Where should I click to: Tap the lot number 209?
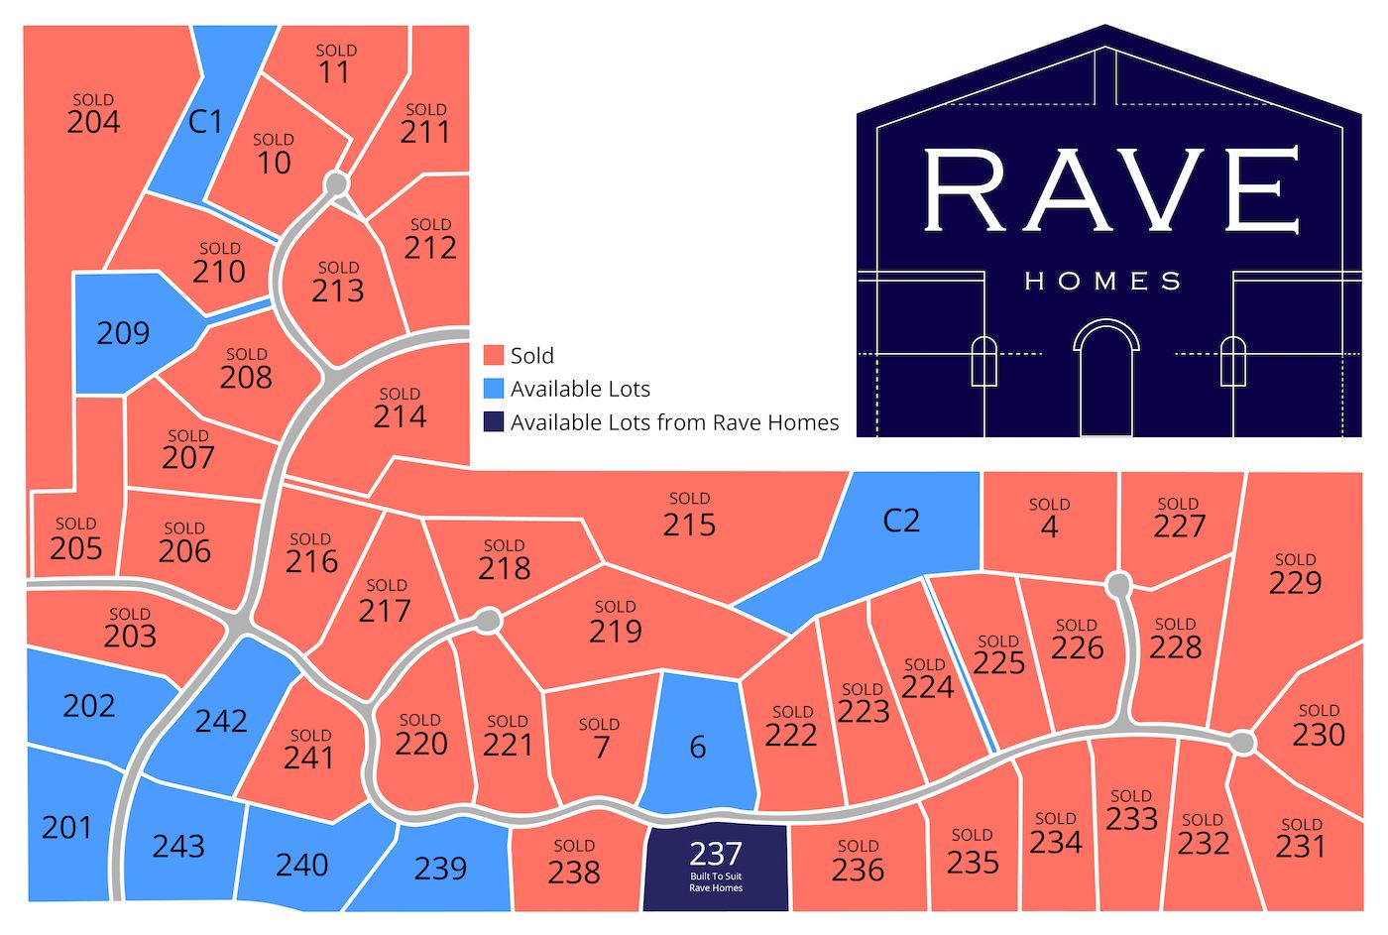coord(123,333)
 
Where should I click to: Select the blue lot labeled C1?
coord(206,122)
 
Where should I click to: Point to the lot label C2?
coord(901,521)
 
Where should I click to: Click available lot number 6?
coord(698,748)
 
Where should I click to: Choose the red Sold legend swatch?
coord(494,356)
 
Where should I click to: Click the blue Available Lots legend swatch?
coord(494,389)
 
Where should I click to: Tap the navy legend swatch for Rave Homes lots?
coord(494,422)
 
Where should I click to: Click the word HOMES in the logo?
coord(1102,283)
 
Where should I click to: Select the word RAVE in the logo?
coord(1109,191)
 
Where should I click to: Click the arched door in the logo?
coord(1106,378)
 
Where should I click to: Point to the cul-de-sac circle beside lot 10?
coord(336,184)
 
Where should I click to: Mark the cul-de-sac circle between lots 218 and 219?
coord(488,621)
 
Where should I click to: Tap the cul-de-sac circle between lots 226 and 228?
coord(1118,585)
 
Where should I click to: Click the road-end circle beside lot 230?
coord(1242,743)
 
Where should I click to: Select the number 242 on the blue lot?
coord(221,721)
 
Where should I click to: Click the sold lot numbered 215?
coord(689,525)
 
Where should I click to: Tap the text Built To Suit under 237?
coord(716,877)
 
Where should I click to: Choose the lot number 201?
coord(66,827)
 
